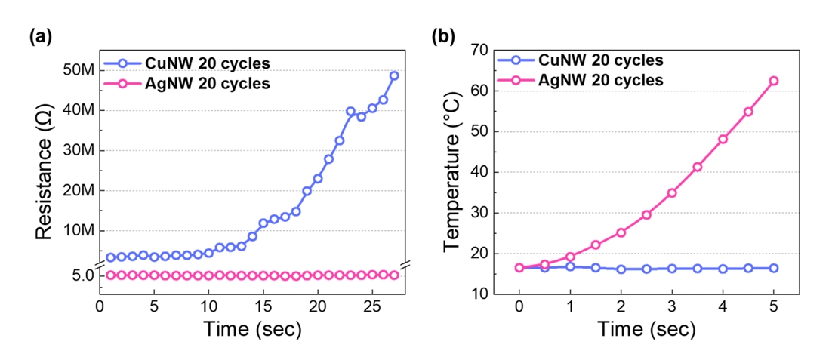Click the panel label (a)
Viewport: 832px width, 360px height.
[40, 35]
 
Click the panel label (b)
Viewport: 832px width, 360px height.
[442, 35]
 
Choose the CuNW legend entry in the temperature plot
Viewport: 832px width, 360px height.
[590, 60]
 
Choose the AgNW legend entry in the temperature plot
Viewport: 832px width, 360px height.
[590, 79]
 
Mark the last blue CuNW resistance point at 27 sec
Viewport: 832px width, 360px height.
[393, 75]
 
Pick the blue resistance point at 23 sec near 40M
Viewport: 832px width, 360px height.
[350, 111]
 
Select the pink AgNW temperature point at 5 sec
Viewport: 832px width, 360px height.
[773, 81]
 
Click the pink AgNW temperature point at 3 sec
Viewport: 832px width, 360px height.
[671, 192]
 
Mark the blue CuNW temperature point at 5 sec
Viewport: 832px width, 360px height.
[773, 268]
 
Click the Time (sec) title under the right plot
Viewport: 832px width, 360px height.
[646, 330]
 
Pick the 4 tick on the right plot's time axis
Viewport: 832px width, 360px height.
[723, 308]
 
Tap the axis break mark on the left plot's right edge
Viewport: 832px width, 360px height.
[405, 264]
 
